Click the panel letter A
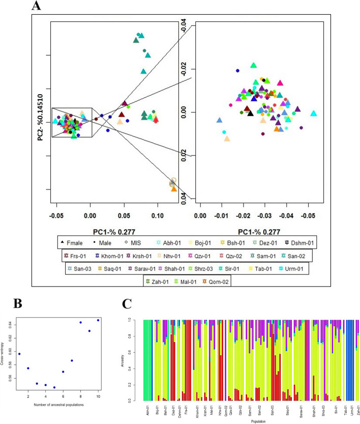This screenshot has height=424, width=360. tap(37, 7)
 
